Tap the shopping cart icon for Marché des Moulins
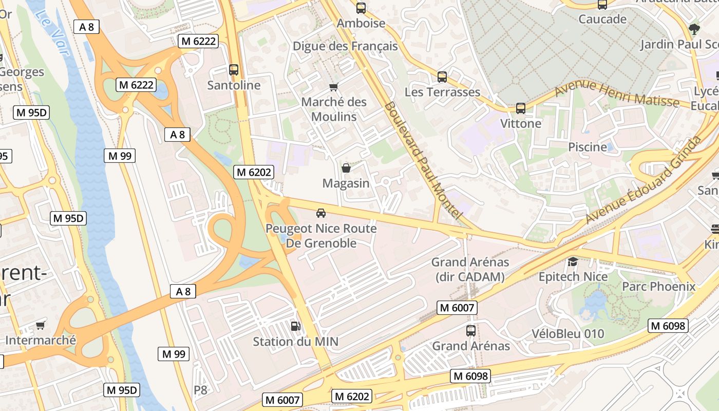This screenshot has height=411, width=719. coord(334,87)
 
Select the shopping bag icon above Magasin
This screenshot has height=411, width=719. coord(346,168)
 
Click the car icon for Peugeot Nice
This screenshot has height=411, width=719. coord(321,213)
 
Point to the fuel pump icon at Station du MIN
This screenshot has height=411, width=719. coord(295,326)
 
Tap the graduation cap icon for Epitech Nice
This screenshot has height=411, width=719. coord(573,261)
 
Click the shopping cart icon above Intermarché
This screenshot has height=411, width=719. coord(41,325)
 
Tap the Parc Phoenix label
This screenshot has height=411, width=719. coord(658,286)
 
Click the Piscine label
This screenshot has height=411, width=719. coord(588,147)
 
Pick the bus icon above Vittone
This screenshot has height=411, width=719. coord(521,108)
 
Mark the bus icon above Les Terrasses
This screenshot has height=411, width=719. coord(442,77)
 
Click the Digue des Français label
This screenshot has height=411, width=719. coord(345,46)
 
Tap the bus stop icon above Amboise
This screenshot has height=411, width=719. coord(361,8)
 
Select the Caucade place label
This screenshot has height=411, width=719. coord(602,20)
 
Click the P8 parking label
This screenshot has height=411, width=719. coord(200,390)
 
